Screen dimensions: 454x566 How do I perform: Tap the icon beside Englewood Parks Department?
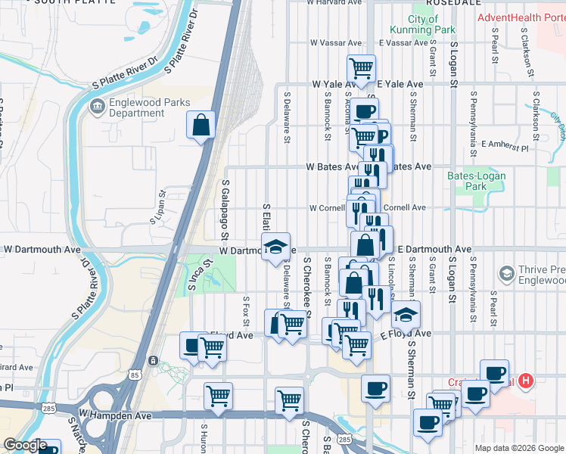(x=97, y=107)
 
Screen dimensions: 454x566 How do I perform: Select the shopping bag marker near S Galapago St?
(x=201, y=126)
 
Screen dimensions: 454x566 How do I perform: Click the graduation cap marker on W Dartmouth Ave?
(x=275, y=246)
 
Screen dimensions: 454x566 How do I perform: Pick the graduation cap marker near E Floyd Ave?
(x=406, y=313)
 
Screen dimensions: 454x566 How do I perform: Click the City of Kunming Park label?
(x=422, y=24)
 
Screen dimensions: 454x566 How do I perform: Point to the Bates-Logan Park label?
(x=477, y=181)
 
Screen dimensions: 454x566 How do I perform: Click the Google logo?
(x=24, y=445)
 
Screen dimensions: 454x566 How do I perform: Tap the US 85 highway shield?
(x=134, y=374)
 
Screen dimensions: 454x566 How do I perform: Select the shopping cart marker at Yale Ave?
(x=362, y=68)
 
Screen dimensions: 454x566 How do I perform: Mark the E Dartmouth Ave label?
(x=434, y=249)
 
